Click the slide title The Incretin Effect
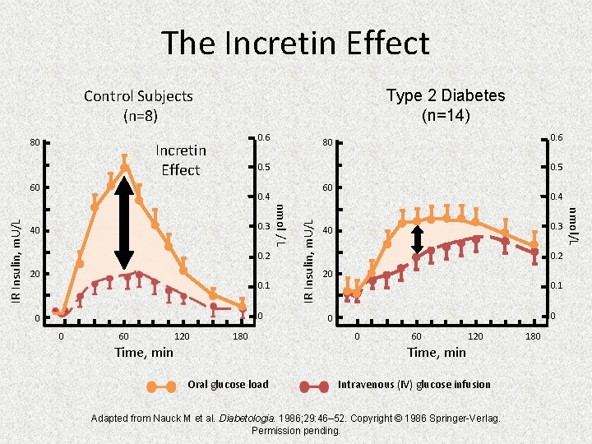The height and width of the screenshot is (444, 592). [295, 43]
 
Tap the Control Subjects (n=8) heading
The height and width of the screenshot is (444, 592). [138, 105]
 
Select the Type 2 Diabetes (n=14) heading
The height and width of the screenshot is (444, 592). [446, 105]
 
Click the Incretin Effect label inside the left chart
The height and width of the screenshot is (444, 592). [181, 160]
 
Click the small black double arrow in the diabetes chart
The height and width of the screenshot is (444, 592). [418, 238]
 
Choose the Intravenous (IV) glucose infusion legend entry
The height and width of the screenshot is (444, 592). [414, 385]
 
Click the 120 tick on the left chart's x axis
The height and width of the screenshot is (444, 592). [183, 336]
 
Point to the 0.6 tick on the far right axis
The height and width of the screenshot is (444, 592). [557, 136]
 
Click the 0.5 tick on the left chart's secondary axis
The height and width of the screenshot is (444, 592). [262, 167]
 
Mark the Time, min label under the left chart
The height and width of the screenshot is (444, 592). [144, 352]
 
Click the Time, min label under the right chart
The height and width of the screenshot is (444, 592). [437, 352]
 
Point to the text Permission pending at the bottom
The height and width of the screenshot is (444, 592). [295, 431]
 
